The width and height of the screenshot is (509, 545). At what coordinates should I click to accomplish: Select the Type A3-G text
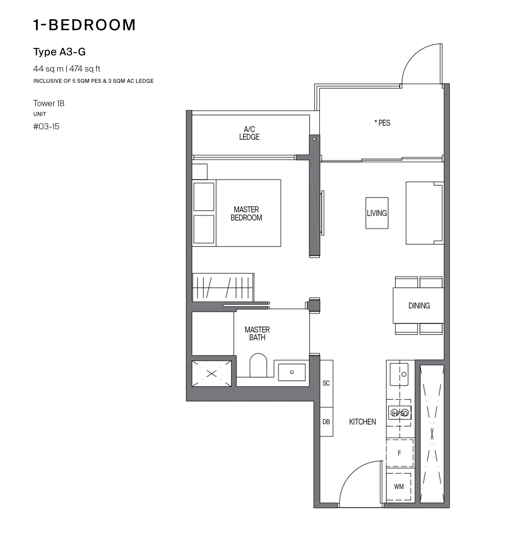click(59, 52)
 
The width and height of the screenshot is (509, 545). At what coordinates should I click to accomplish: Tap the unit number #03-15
click(46, 126)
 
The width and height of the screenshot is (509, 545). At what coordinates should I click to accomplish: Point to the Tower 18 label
click(49, 103)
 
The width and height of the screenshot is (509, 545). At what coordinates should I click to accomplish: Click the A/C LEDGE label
click(249, 133)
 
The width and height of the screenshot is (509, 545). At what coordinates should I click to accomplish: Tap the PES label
click(382, 123)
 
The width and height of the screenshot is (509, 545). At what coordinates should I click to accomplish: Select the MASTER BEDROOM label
click(246, 214)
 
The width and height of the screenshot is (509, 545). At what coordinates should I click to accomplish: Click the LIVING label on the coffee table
click(377, 213)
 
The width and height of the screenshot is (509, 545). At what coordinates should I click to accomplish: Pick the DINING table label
click(419, 305)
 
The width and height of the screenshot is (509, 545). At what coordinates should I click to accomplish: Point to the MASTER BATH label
click(257, 333)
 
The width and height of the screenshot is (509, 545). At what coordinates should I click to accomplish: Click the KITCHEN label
click(362, 422)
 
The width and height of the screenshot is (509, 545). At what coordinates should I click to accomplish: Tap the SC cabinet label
click(326, 383)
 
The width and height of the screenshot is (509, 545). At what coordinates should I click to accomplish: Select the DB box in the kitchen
click(326, 422)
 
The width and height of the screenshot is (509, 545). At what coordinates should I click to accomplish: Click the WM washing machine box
click(398, 486)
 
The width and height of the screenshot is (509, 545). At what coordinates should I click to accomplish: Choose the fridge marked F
click(400, 453)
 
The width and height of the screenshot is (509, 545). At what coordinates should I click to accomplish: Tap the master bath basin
click(292, 372)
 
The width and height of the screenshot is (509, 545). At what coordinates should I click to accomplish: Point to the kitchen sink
click(399, 375)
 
